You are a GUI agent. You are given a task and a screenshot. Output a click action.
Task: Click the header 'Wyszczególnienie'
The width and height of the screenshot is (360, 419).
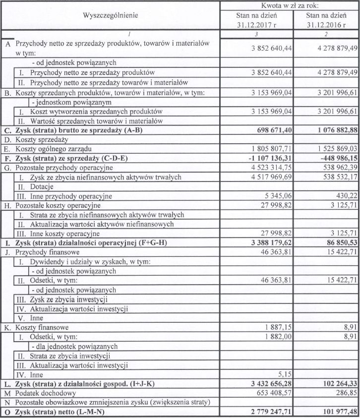110,15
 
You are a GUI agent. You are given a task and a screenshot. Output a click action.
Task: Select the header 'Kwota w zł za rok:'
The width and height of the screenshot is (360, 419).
290,5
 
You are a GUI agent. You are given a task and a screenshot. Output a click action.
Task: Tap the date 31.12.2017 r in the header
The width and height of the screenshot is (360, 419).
256,24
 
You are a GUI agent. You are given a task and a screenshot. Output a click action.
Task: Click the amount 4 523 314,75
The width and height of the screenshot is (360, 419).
267,168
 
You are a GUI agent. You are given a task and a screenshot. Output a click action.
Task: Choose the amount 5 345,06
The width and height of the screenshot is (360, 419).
277,196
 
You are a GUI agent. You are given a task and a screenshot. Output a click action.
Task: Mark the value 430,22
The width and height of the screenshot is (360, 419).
346,196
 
